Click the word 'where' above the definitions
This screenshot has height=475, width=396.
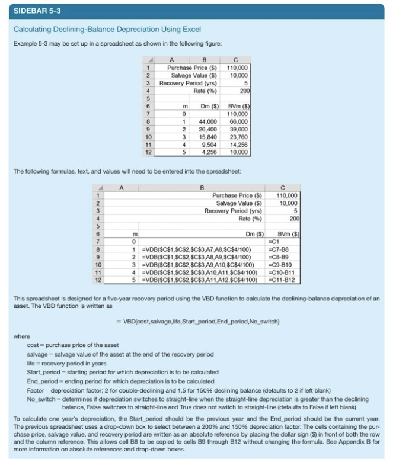[x=21, y=336]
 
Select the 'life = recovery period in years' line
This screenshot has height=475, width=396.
[x=67, y=363]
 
